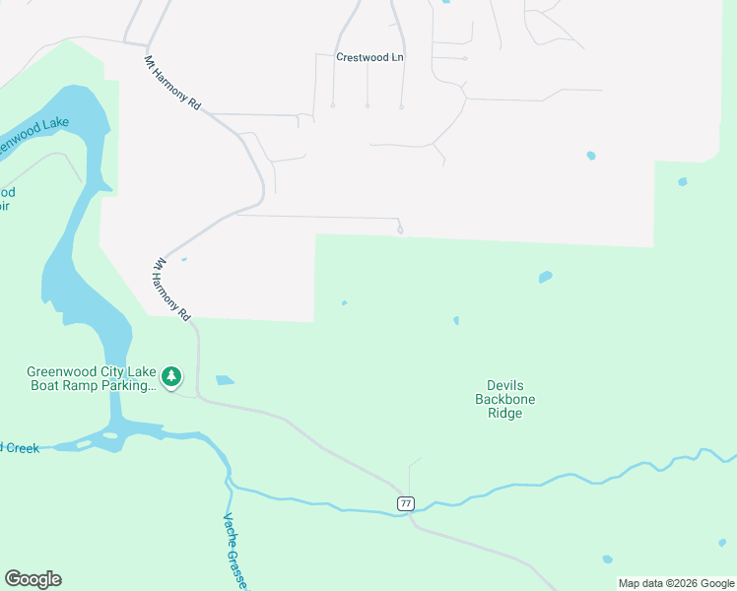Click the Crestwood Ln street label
369,57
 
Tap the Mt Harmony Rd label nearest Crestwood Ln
172,82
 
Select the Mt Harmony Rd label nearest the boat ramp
170,290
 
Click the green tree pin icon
171,375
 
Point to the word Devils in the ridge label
505,385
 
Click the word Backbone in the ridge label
505,399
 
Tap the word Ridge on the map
505,414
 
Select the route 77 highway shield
406,503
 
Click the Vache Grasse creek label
234,552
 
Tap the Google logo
33,579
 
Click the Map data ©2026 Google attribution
676,583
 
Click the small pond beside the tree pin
225,380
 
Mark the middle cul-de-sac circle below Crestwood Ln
367,105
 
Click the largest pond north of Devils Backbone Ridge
545,278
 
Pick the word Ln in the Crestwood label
396,57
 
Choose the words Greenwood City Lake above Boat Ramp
91,371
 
